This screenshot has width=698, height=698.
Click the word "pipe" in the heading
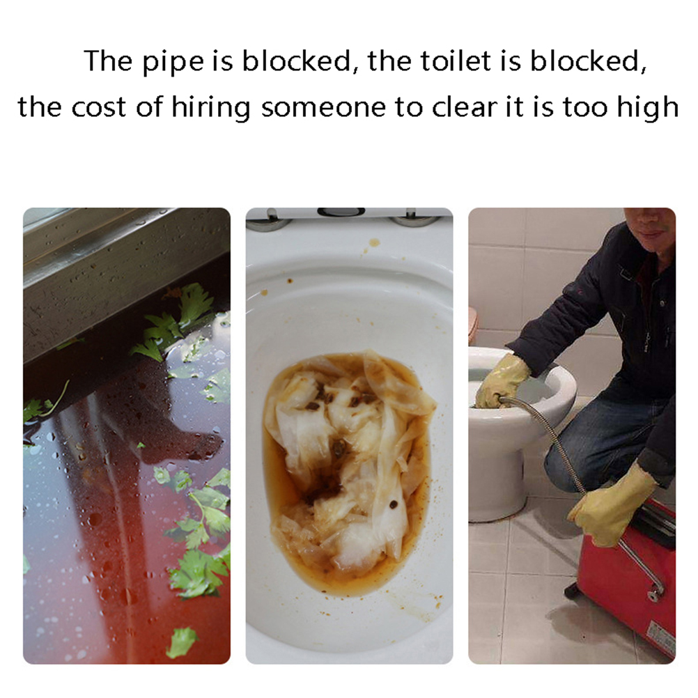click(173, 61)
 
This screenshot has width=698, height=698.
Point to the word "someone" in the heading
click(324, 108)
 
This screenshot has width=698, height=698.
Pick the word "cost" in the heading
click(98, 108)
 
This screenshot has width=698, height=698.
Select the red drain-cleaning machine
click(632, 579)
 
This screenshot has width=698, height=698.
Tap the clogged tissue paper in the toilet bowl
click(350, 458)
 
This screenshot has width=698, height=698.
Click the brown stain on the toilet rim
click(373, 242)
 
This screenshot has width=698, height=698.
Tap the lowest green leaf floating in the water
click(182, 642)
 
